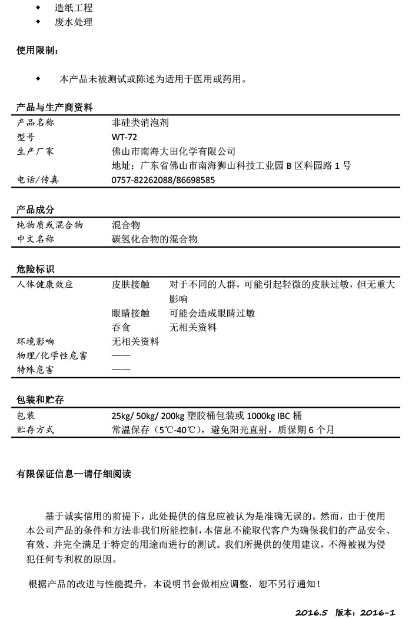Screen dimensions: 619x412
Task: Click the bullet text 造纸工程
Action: (x=74, y=8)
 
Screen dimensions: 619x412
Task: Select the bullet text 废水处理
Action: (x=74, y=22)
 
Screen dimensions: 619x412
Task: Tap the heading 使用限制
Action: (x=37, y=51)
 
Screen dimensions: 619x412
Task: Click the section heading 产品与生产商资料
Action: (x=54, y=107)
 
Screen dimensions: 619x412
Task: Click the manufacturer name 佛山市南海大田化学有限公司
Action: (x=173, y=151)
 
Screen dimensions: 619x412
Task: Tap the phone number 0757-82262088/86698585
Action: (x=163, y=180)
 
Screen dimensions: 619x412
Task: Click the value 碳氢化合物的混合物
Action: (x=154, y=239)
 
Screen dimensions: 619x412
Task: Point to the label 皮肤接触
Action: (x=131, y=284)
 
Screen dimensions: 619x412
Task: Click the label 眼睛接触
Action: (x=131, y=313)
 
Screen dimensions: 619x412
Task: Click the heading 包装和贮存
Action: (x=39, y=400)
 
